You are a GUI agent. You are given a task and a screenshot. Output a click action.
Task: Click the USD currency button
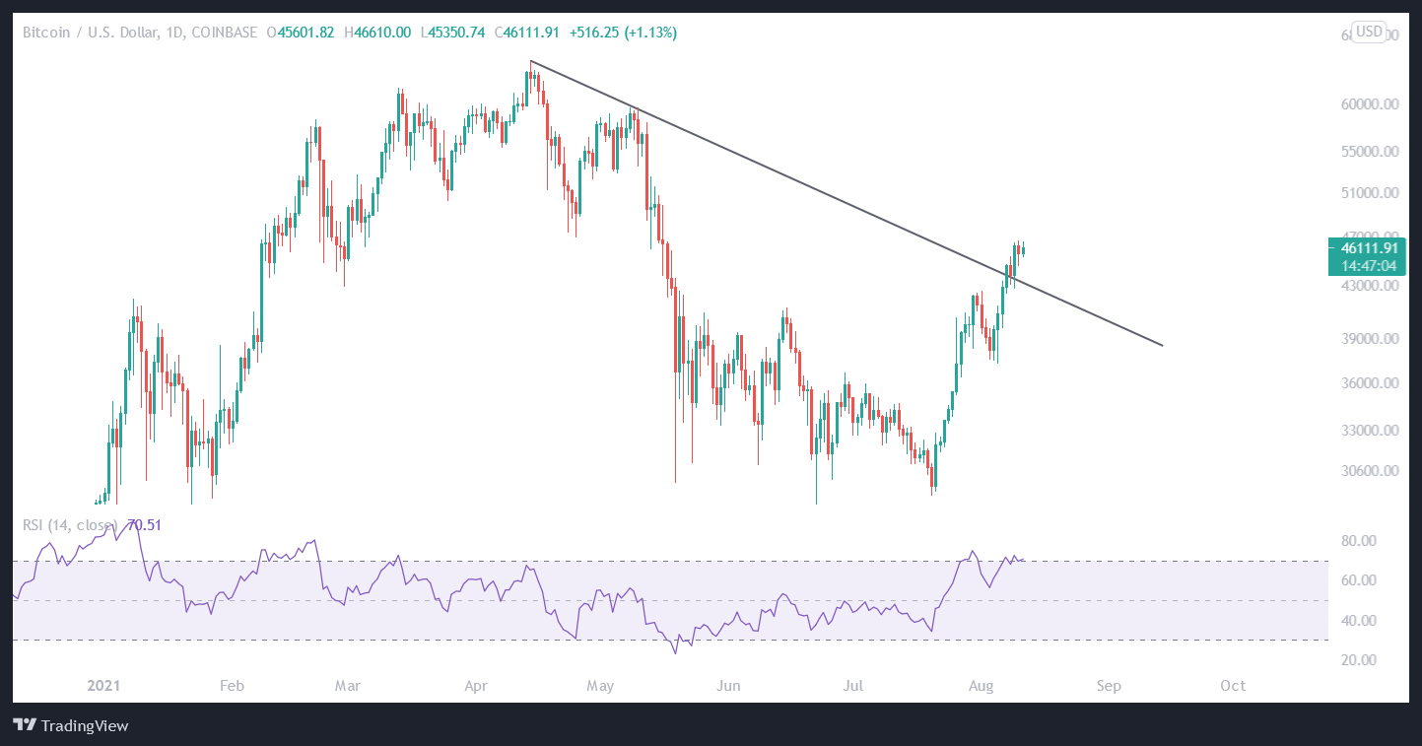pyautogui.click(x=1369, y=32)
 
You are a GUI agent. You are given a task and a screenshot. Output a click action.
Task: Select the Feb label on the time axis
pyautogui.click(x=232, y=685)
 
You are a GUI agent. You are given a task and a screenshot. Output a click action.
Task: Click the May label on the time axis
pyautogui.click(x=599, y=685)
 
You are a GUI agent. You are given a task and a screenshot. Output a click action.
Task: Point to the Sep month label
pyautogui.click(x=1109, y=685)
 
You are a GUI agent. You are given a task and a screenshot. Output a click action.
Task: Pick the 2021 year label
pyautogui.click(x=103, y=685)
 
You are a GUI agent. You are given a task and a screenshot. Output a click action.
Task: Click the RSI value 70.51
pyautogui.click(x=144, y=525)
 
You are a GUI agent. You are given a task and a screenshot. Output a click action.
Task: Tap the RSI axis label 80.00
pyautogui.click(x=1358, y=541)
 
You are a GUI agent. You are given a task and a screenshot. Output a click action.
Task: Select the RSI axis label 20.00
pyautogui.click(x=1358, y=659)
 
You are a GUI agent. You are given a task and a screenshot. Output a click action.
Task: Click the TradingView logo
pyautogui.click(x=72, y=726)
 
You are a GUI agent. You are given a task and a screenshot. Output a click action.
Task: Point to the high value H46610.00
pyautogui.click(x=375, y=33)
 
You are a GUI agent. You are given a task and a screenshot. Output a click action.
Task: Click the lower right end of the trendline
pyautogui.click(x=1163, y=345)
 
